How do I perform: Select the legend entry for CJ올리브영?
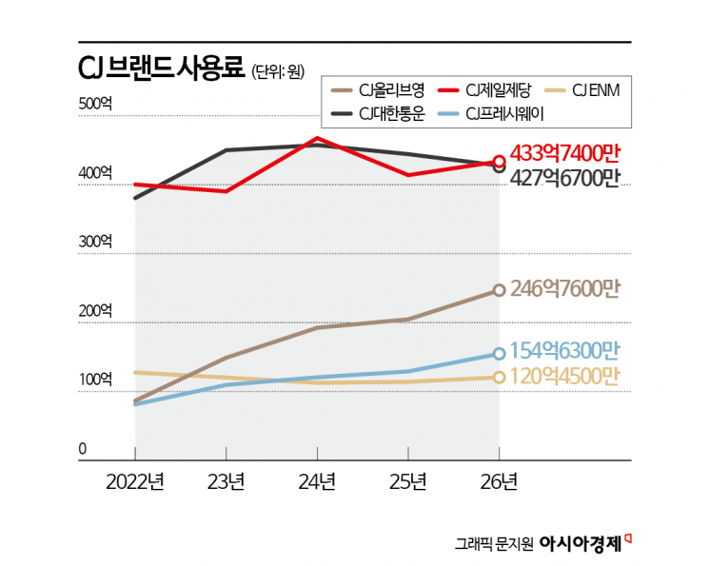tap(377, 92)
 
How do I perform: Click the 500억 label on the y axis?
tap(95, 106)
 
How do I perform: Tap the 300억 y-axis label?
tap(95, 243)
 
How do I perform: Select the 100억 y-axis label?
tap(95, 380)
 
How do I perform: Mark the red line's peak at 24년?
tap(316, 139)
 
